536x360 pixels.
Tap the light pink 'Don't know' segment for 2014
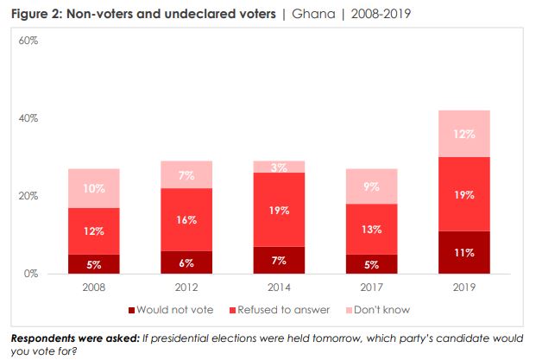click(279, 167)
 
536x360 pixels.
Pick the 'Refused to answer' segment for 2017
click(371, 229)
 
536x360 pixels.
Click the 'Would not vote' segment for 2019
click(465, 252)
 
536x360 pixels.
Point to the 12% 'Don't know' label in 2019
click(465, 134)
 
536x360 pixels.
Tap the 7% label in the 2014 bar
click(279, 261)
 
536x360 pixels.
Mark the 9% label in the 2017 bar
click(372, 186)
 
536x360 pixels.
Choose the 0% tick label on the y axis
click(31, 274)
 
